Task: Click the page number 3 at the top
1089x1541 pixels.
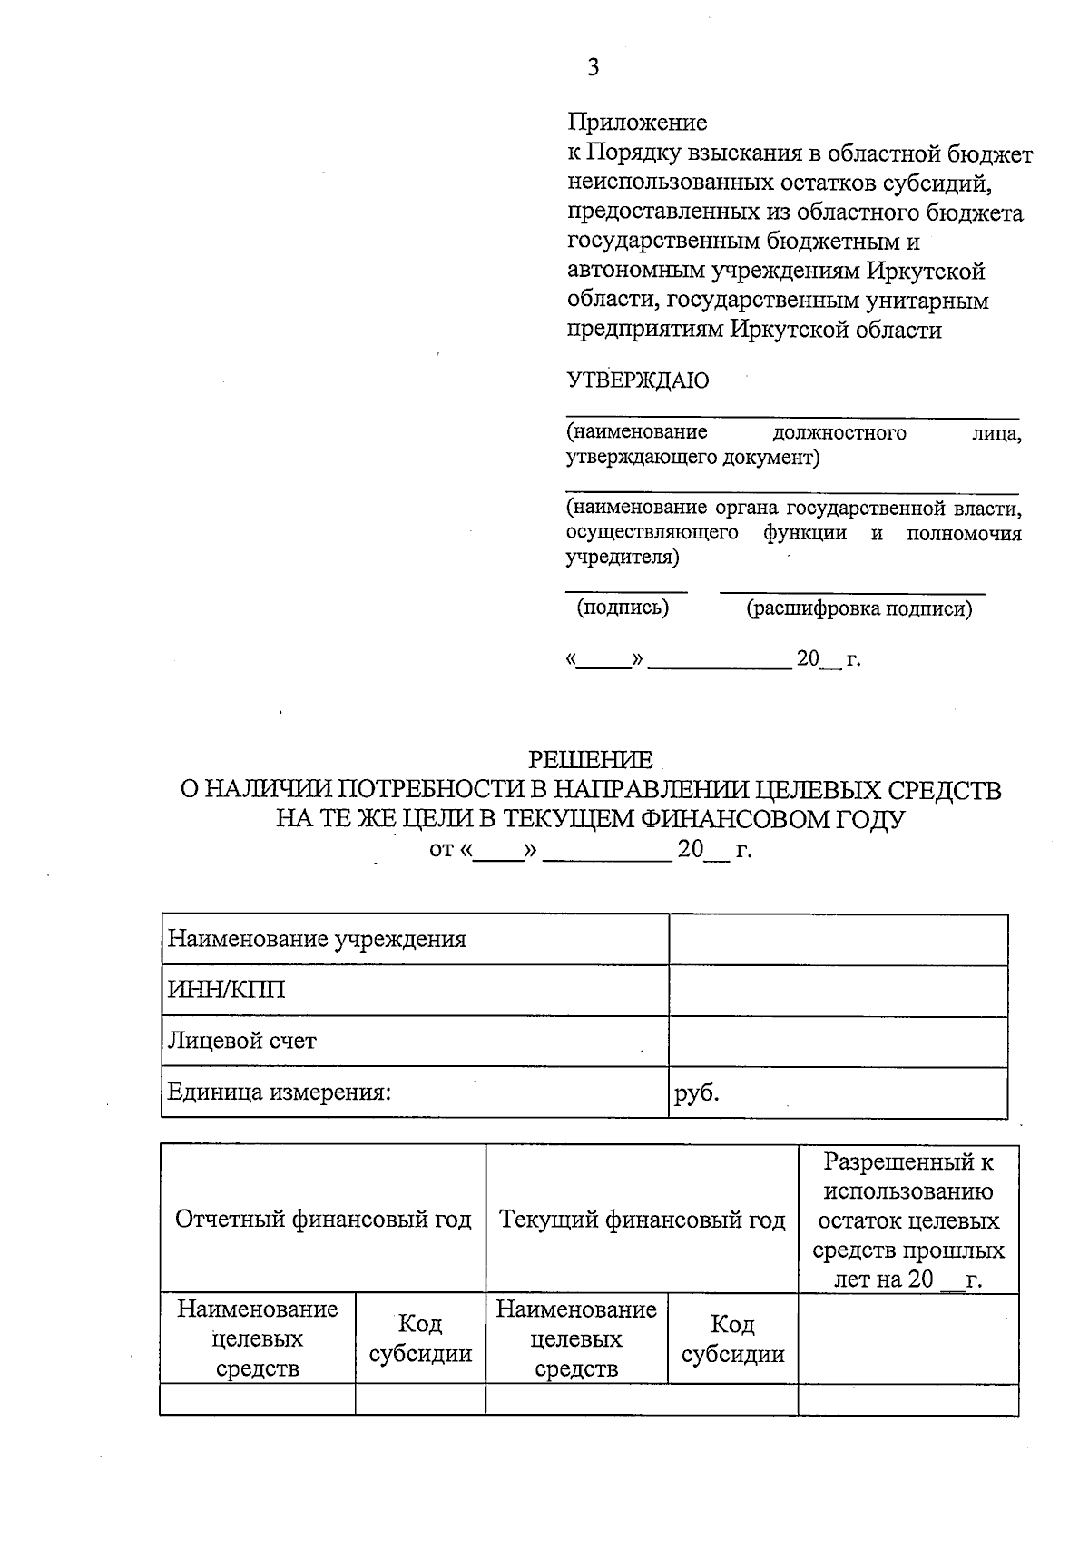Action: [594, 68]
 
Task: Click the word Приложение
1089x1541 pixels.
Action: [637, 122]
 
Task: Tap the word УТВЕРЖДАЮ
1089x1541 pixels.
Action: [638, 380]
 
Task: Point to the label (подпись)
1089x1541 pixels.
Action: [623, 608]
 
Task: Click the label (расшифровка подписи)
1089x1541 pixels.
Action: [858, 608]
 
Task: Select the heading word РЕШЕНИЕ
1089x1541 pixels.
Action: [591, 759]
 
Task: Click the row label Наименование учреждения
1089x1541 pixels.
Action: [317, 939]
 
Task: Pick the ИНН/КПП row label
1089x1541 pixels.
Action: [226, 990]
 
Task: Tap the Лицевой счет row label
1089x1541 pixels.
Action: [242, 1041]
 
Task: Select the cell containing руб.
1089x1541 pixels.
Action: [697, 1092]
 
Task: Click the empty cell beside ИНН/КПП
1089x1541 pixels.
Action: [838, 990]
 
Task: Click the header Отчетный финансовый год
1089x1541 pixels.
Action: [323, 1219]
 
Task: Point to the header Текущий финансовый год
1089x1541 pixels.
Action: [643, 1219]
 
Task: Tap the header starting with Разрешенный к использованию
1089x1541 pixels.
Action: [908, 1220]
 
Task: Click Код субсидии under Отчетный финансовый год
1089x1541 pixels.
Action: [420, 1338]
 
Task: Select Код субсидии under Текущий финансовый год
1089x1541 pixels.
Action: [732, 1338]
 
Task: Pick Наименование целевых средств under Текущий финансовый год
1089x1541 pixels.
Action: [576, 1338]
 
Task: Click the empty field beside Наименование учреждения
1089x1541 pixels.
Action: [838, 939]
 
